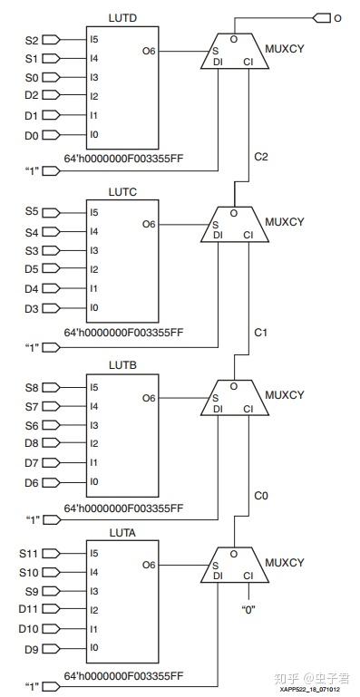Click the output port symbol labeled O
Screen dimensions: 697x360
[320, 17]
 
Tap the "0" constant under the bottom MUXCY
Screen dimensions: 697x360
[248, 609]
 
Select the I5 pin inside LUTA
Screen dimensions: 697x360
[94, 553]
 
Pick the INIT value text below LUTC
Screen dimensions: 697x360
[123, 334]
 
